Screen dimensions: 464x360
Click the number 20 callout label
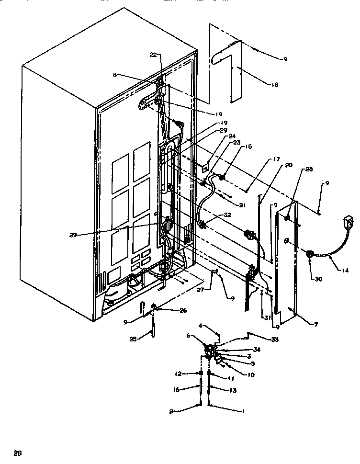coord(288,165)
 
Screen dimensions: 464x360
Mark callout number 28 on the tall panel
coord(309,170)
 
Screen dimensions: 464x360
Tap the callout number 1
coord(245,411)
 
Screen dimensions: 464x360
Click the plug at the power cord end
coord(345,222)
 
